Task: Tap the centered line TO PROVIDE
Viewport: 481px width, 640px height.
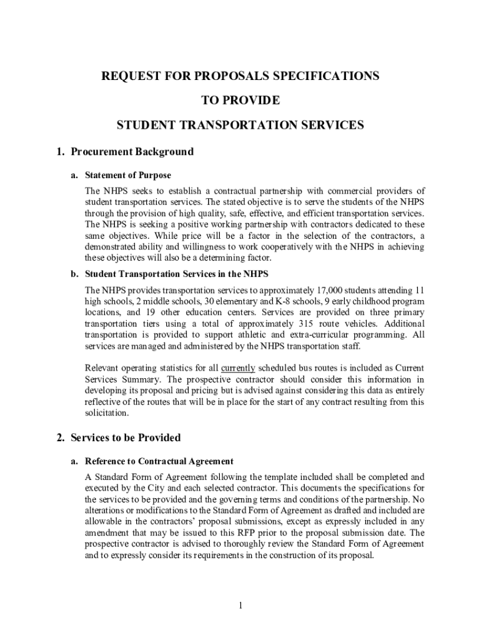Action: (241, 101)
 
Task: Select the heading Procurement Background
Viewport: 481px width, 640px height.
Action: (132, 152)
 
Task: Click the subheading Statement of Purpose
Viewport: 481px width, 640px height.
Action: (128, 175)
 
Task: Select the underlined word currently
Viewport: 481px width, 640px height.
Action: (238, 368)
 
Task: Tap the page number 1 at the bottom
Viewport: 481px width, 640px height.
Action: (241, 605)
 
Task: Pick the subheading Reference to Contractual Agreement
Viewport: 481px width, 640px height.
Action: (159, 461)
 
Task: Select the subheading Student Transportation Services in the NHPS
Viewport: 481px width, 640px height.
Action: (177, 274)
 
